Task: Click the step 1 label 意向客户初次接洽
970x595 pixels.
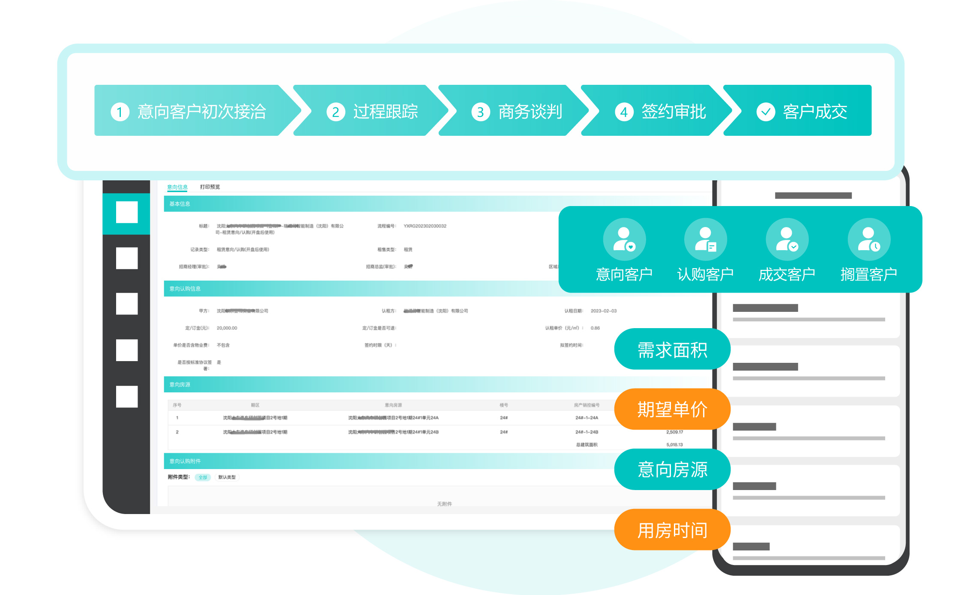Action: pos(201,112)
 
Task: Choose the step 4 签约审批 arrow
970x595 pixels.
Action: pos(660,112)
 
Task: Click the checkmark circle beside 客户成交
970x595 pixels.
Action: pos(766,112)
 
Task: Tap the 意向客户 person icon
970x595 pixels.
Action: pos(624,239)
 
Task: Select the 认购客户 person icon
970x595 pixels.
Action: pos(705,239)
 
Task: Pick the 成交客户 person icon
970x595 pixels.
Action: pos(787,239)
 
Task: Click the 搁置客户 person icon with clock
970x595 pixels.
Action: pos(869,239)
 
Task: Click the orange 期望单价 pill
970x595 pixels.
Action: pos(672,409)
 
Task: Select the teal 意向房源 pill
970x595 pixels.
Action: pos(672,469)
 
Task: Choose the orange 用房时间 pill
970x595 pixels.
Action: pos(672,530)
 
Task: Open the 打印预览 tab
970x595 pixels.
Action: pos(210,187)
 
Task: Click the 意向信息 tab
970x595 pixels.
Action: pos(177,187)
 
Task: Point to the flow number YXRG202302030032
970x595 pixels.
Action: pos(425,226)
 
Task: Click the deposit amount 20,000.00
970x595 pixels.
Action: pos(227,328)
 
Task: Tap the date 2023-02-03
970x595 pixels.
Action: pos(603,311)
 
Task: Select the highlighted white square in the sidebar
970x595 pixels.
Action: pos(127,212)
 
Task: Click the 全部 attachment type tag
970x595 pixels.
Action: pos(203,477)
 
